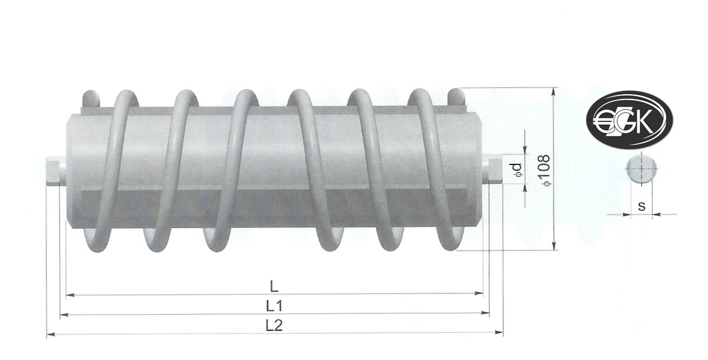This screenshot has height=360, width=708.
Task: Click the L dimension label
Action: pyautogui.click(x=274, y=287)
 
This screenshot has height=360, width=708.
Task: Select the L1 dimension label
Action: pyautogui.click(x=274, y=306)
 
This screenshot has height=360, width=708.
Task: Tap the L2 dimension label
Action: pyautogui.click(x=274, y=325)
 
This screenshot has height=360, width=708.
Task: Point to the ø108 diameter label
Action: pyautogui.click(x=544, y=170)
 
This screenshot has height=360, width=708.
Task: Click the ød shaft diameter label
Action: pyautogui.click(x=516, y=170)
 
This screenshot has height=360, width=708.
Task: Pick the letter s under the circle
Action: pyautogui.click(x=641, y=206)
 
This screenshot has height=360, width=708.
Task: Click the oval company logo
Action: pyautogui.click(x=629, y=120)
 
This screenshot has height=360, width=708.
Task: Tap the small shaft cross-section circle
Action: pyautogui.click(x=641, y=169)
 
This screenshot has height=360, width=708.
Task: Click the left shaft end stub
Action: pyautogui.click(x=56, y=170)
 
